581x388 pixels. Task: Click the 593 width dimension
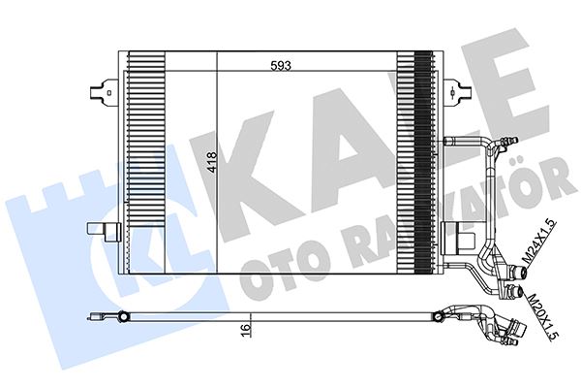[280, 67]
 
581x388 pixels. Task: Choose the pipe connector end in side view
[513, 336]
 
